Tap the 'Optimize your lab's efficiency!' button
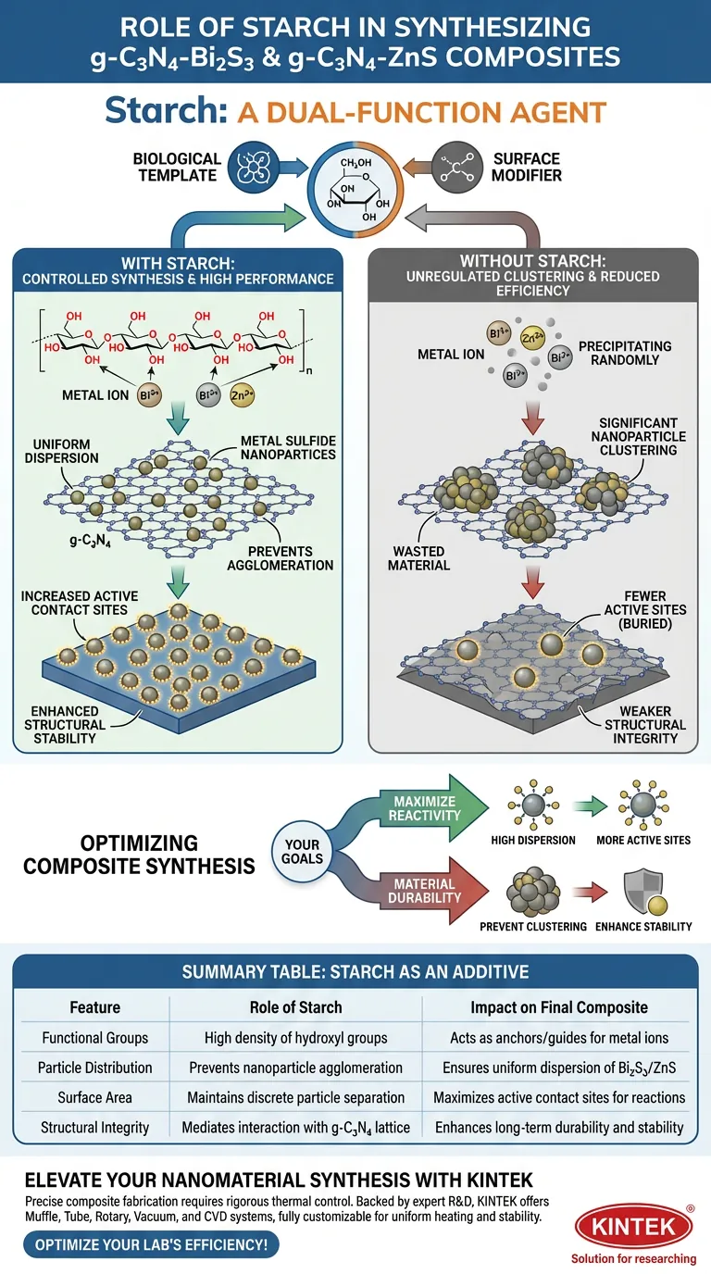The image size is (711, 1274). (151, 1245)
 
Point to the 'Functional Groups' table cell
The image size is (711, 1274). (94, 1038)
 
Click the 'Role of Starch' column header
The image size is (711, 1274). (295, 1007)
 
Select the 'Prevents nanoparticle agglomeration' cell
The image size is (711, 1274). (295, 1068)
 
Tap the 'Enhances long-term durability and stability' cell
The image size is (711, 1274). (559, 1127)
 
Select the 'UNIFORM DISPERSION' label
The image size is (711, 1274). (67, 451)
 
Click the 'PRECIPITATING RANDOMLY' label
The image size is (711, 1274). (625, 353)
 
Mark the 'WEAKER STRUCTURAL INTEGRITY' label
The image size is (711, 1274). (645, 725)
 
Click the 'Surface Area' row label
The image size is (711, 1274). (94, 1097)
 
